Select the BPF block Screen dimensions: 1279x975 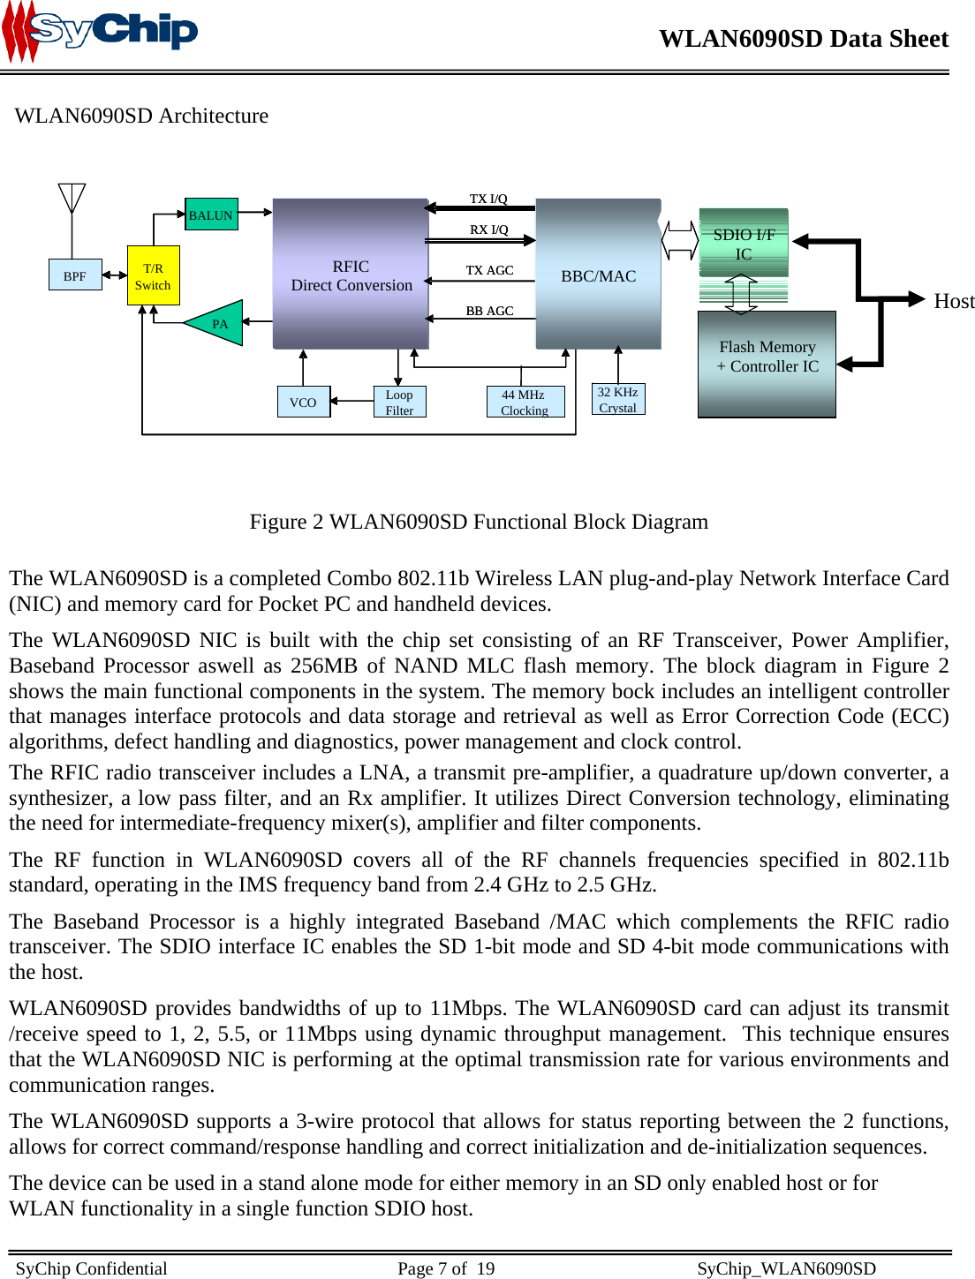point(75,275)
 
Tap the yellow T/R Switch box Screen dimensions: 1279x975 point(153,276)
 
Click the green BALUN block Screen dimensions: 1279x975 point(211,214)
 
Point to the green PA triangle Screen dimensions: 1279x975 point(217,323)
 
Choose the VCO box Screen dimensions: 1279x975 point(303,402)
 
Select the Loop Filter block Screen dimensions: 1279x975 point(399,402)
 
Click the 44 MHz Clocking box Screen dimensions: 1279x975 point(525,402)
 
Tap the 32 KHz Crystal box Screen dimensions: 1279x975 point(617,399)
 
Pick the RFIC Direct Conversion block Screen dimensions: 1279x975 point(351,275)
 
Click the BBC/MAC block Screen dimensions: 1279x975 point(598,275)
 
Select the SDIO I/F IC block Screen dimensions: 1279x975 point(744,243)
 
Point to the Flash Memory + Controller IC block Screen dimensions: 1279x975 point(767,363)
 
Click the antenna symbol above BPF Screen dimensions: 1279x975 point(72,199)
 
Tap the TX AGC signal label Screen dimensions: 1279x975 point(489,270)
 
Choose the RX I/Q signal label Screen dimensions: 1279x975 point(488,229)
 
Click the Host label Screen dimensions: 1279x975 point(954,301)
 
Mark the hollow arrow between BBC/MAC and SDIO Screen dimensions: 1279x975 point(680,240)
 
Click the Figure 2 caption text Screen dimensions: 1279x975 point(479,522)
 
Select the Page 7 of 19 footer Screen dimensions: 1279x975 point(446,1268)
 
